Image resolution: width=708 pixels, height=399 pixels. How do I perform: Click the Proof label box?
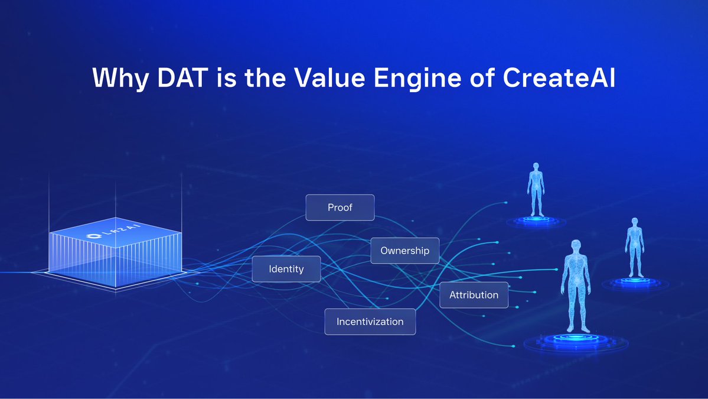point(340,207)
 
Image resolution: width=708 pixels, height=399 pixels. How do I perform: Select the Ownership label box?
point(404,251)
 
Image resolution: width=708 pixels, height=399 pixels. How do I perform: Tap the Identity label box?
point(286,269)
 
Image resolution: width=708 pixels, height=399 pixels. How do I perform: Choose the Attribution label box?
point(474,295)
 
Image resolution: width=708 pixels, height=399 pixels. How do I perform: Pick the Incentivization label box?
point(370,322)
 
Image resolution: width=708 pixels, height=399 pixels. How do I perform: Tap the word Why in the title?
point(120,79)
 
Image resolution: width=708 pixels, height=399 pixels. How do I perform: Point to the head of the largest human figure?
point(575,247)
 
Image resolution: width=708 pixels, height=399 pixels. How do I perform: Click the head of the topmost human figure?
point(536,167)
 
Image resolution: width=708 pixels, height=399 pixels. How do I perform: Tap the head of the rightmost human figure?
point(635,223)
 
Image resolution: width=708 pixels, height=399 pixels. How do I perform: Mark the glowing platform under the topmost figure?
point(536,222)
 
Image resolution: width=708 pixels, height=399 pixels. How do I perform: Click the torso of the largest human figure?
point(575,278)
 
